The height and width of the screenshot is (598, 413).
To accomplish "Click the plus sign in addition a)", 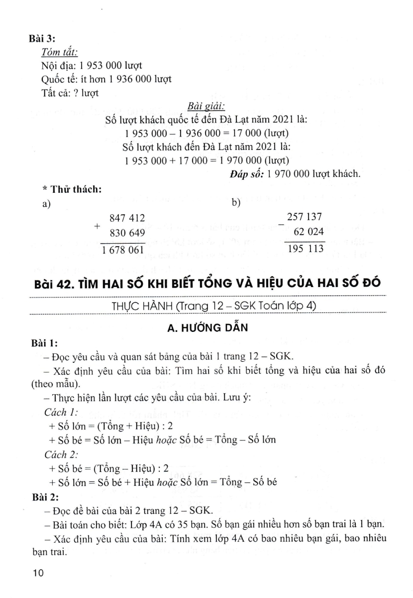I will pos(97,225).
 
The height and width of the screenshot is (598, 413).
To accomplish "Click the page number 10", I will pos(39,573).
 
